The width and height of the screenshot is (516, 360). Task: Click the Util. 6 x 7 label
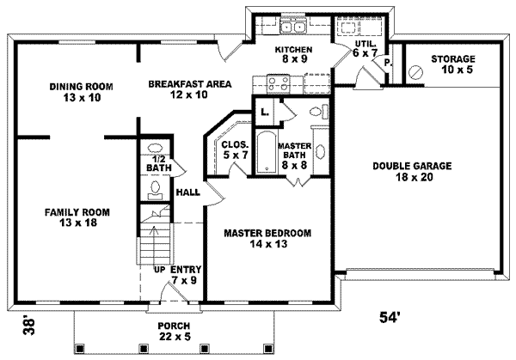[x=365, y=48]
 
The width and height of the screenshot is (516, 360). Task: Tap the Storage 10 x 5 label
[x=452, y=64]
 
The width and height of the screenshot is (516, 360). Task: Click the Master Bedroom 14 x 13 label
[x=267, y=238]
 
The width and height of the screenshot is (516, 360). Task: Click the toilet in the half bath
[x=156, y=189]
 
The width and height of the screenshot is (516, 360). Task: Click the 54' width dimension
[x=390, y=317]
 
